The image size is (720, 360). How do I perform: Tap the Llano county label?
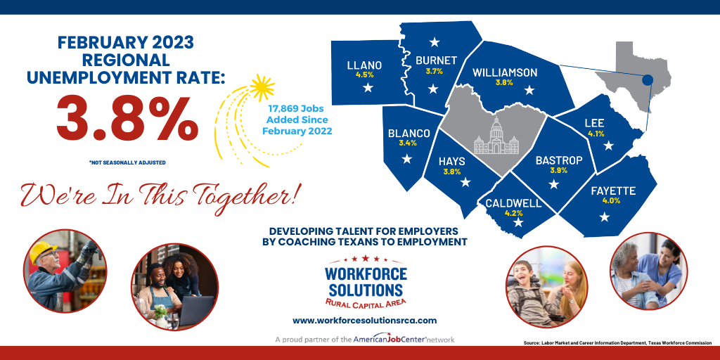(x=364, y=65)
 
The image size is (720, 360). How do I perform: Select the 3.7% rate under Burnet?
(x=434, y=71)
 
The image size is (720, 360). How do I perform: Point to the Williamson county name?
(x=505, y=72)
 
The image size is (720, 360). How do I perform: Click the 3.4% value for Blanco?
(x=407, y=143)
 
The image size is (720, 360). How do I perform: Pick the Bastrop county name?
(x=559, y=160)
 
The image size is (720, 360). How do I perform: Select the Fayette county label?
(x=613, y=191)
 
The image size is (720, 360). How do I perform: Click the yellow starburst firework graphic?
(x=264, y=88)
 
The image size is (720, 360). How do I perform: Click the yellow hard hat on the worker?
(x=44, y=250)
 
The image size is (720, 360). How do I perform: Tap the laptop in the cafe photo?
(x=196, y=310)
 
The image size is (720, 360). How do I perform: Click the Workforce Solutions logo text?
(x=364, y=282)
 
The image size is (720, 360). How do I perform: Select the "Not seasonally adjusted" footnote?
(x=127, y=162)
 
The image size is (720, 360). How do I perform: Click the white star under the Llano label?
(x=367, y=87)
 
